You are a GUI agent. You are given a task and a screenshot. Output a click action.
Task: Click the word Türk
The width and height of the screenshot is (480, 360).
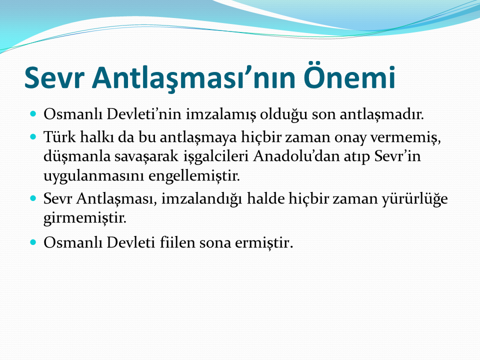59,136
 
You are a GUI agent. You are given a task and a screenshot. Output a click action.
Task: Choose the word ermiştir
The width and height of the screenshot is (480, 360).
264,243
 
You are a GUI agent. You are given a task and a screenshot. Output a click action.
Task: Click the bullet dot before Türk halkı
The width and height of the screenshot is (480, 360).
33,136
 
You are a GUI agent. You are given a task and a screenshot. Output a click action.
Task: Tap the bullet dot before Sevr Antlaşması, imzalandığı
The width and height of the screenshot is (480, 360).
33,198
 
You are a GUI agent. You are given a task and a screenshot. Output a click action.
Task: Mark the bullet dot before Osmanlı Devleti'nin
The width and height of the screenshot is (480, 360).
33,114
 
